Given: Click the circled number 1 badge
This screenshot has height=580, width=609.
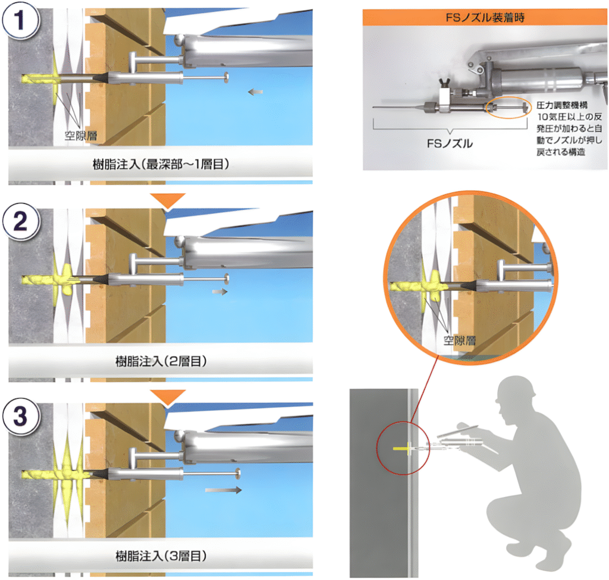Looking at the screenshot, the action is point(21,20).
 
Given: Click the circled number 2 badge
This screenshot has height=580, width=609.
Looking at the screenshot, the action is point(21,222).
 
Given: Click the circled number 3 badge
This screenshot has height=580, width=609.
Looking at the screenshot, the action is point(21,416).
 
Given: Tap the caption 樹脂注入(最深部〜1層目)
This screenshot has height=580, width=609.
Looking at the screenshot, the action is point(161,164).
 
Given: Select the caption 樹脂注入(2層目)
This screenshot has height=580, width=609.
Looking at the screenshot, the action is point(161,361).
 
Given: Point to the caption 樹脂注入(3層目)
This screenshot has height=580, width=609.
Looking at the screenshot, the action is point(161,556).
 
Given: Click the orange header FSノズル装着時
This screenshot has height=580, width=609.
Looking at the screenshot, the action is point(485,17).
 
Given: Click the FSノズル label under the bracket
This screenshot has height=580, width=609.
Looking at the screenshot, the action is point(450,144).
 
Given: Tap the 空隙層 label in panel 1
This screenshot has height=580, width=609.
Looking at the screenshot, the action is point(81,135).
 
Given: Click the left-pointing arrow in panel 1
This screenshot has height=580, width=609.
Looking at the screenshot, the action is point(256,92).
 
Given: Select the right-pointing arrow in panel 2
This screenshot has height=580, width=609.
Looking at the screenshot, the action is point(220,291).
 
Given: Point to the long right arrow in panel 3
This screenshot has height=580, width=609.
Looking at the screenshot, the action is point(224,490).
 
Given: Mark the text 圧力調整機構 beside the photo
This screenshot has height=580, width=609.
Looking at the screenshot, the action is point(562,105).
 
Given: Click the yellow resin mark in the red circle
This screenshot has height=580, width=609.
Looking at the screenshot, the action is point(404,449).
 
